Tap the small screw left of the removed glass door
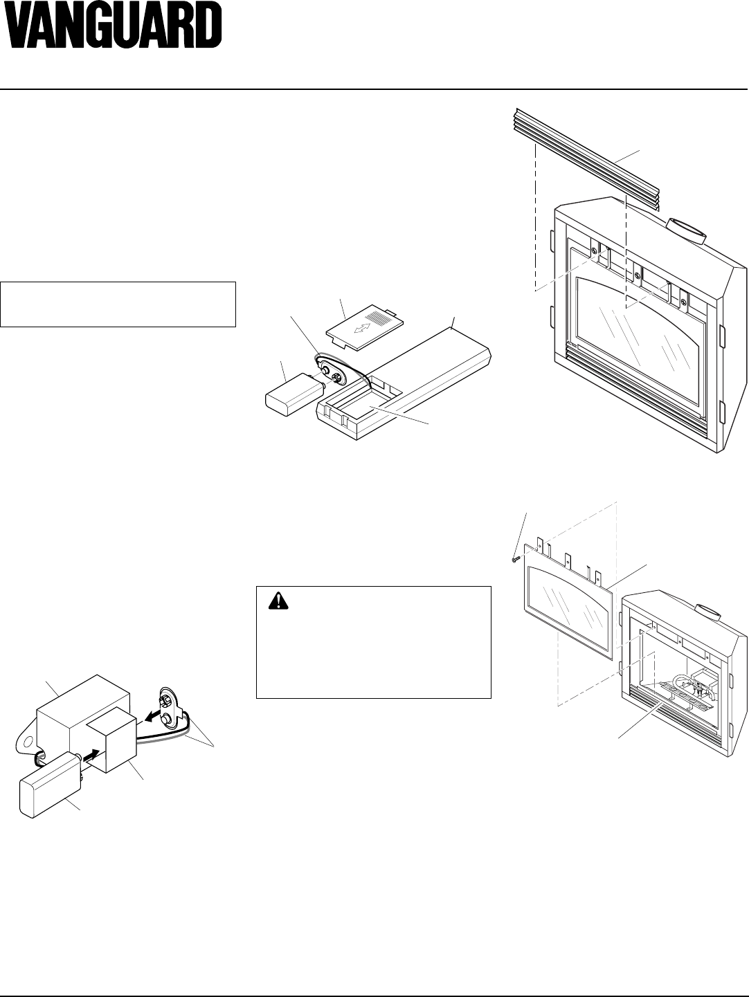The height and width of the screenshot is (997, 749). (514, 559)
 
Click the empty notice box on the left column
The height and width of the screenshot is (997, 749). (118, 304)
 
